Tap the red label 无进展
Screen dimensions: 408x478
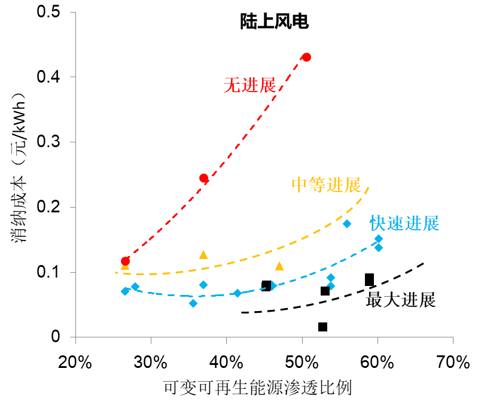[249, 86]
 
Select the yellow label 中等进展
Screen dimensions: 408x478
[326, 185]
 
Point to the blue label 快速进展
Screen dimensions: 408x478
[404, 224]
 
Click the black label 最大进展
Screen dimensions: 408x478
[400, 300]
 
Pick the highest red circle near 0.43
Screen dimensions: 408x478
[306, 57]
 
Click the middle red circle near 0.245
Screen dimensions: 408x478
[203, 178]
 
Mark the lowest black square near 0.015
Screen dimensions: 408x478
[322, 327]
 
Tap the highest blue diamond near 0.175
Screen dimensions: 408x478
[346, 224]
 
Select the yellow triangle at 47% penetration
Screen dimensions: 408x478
[279, 266]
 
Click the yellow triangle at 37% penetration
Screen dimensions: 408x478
[203, 255]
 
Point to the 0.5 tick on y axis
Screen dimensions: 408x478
[53, 12]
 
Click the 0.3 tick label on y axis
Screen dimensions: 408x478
[53, 142]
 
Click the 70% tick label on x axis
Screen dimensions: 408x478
[453, 363]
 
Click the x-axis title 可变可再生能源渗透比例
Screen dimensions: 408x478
[257, 388]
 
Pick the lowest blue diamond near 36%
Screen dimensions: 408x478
[193, 303]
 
